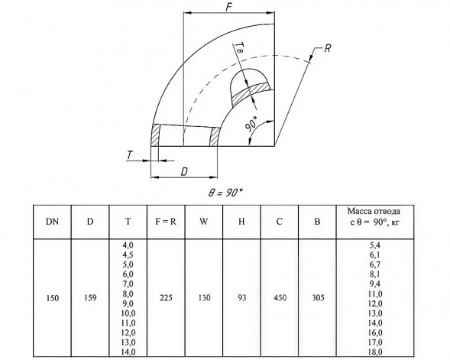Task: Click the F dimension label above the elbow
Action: [x=228, y=7]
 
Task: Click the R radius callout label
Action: [x=328, y=48]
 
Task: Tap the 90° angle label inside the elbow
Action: [x=251, y=125]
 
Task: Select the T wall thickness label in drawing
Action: [x=130, y=155]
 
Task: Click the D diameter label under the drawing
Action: [x=184, y=172]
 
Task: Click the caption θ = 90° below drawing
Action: [x=225, y=193]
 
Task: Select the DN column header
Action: [x=52, y=222]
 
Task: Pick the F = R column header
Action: [x=166, y=222]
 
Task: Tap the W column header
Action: [x=204, y=222]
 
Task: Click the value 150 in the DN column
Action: [x=52, y=298]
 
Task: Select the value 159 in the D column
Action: [x=90, y=298]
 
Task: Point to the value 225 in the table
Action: [x=166, y=298]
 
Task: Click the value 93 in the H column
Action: [x=242, y=298]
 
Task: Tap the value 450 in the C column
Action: [x=280, y=298]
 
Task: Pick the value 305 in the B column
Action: [x=318, y=298]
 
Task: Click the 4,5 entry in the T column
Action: [x=128, y=255]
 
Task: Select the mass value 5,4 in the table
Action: [x=375, y=245]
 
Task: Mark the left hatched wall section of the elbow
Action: [x=155, y=135]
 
